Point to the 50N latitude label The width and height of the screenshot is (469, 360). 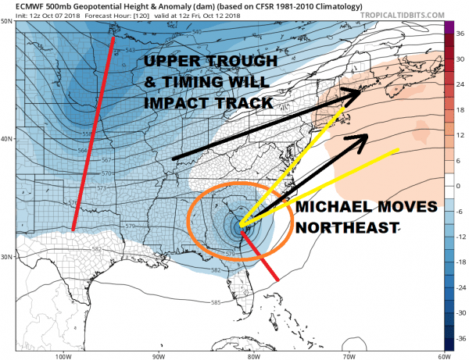point(7,20)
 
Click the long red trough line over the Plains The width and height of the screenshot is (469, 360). point(94,133)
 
